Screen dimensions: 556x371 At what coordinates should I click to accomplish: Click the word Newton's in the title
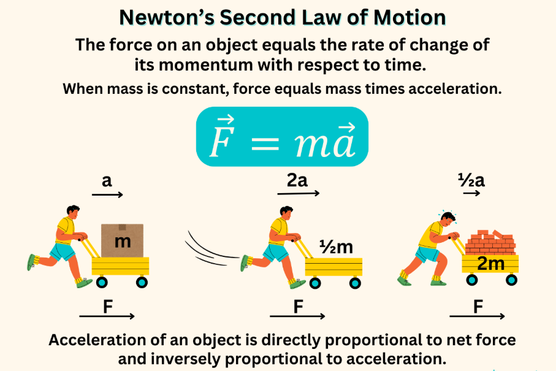167,17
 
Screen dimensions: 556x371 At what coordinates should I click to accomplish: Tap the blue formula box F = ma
282,137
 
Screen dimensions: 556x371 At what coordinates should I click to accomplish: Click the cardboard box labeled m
123,240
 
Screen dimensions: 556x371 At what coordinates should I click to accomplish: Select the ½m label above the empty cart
336,247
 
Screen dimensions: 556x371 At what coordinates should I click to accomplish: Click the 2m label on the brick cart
491,264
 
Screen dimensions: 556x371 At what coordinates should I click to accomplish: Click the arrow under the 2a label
299,193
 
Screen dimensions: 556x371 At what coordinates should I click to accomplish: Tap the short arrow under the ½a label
471,193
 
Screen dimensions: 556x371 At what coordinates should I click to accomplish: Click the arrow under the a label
107,194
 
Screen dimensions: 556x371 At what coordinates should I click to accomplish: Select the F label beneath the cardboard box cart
108,307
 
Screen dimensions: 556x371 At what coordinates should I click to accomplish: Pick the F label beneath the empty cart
298,307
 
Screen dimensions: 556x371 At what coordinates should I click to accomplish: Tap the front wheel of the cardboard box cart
142,282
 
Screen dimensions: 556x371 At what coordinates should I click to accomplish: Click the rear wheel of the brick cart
471,280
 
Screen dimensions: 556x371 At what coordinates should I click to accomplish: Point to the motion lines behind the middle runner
211,249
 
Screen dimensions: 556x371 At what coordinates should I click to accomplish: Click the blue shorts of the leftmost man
63,251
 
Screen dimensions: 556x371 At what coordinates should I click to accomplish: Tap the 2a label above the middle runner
297,180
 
